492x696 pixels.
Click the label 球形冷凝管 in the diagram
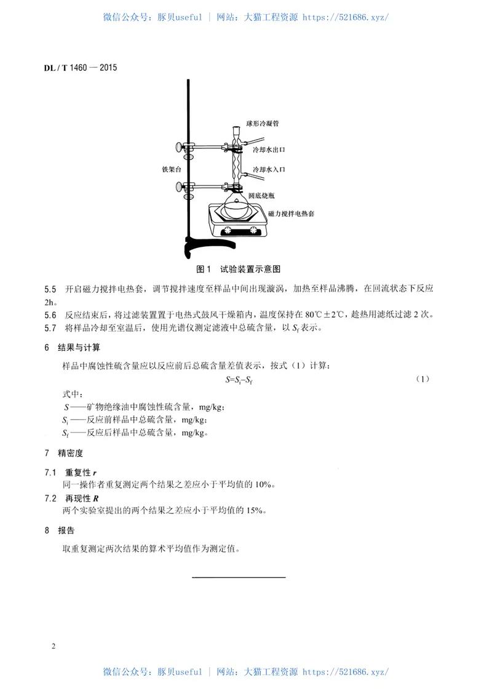(x=263, y=124)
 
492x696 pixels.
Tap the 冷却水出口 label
(x=269, y=150)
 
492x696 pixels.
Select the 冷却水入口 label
(x=269, y=169)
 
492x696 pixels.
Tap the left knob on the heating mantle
(x=225, y=231)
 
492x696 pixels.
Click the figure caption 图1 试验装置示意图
(x=238, y=270)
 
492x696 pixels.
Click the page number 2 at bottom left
(x=54, y=647)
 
